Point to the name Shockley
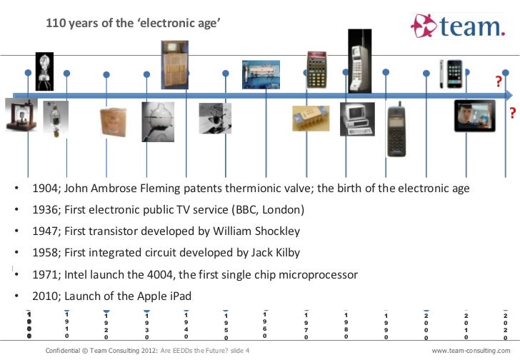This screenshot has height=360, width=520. [x=275, y=231]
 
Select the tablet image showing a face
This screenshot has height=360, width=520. [x=475, y=116]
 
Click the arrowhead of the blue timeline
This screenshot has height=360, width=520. [x=509, y=95]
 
